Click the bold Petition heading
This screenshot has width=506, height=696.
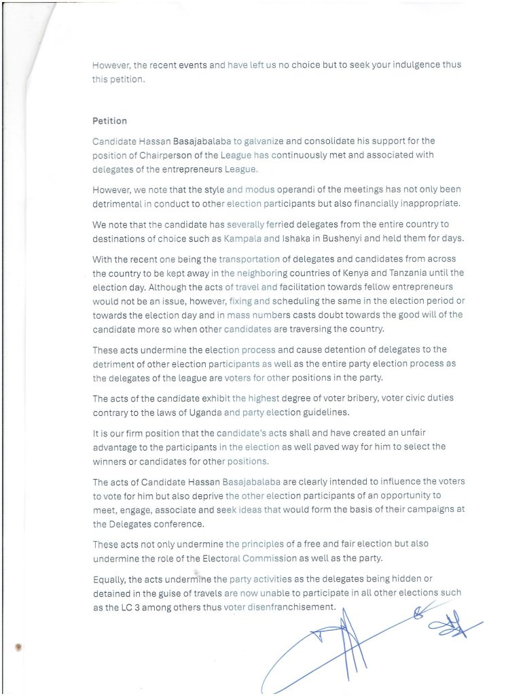coord(109,121)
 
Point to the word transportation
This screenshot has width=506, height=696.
coord(250,258)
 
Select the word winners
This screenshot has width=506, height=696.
coord(110,462)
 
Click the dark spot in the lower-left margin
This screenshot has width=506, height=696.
coord(18,646)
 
